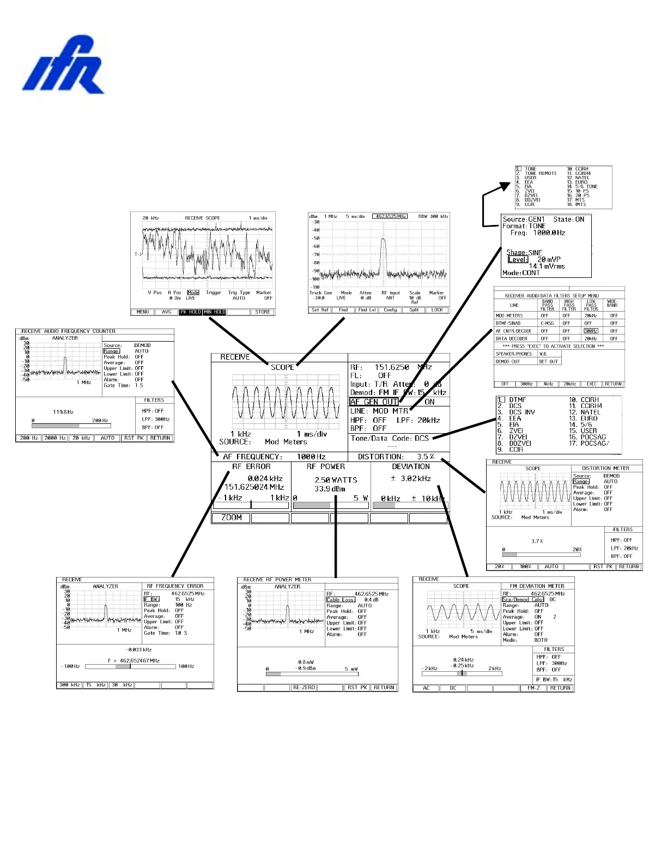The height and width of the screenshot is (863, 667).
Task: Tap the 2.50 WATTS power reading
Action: click(x=336, y=480)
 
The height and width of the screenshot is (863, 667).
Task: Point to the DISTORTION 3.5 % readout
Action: click(x=396, y=457)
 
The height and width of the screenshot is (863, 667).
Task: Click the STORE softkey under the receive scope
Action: click(x=263, y=312)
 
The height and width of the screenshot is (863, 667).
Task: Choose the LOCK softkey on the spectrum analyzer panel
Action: click(x=438, y=310)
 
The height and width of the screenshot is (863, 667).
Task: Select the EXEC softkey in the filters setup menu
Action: click(x=592, y=384)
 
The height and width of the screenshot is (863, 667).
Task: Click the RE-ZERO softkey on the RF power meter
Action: click(x=304, y=688)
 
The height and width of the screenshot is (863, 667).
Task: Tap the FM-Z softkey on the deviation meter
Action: click(x=533, y=688)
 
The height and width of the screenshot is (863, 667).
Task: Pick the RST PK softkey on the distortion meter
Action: click(x=603, y=567)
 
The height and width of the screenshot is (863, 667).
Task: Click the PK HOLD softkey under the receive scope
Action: click(x=191, y=312)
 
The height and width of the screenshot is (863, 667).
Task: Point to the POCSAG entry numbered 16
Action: click(x=593, y=437)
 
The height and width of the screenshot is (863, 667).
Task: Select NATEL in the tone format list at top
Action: click(x=582, y=178)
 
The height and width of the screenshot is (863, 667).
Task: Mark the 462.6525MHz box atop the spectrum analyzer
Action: click(x=390, y=216)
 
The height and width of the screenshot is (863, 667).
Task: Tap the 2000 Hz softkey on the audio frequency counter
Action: click(x=55, y=438)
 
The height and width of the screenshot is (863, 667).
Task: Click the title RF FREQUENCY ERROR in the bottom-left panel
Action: click(x=175, y=586)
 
